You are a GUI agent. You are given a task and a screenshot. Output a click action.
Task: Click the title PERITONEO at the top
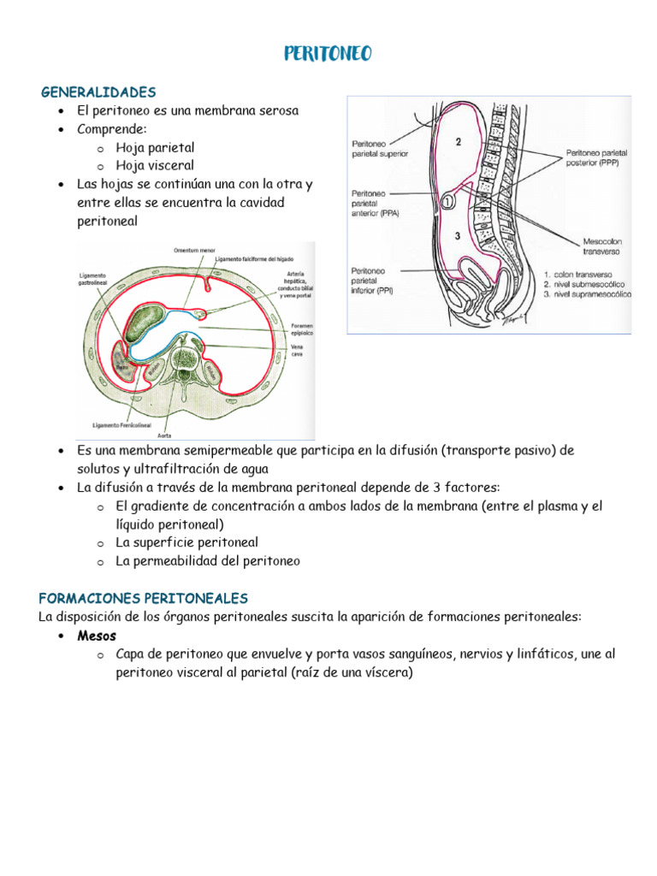tap(328, 56)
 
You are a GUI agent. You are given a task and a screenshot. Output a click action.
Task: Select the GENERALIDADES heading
tap(98, 92)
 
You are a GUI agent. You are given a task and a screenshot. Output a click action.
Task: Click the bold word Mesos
tap(96, 636)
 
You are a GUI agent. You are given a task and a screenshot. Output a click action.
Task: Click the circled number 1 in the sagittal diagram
tap(450, 204)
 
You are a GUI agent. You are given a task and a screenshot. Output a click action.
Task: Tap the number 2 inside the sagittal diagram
tap(459, 143)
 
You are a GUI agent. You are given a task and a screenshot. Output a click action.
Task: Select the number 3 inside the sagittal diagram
tap(458, 237)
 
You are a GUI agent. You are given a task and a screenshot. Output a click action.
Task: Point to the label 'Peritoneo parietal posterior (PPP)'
tap(597, 158)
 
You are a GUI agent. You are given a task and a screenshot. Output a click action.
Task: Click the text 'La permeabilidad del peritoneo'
tap(208, 561)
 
